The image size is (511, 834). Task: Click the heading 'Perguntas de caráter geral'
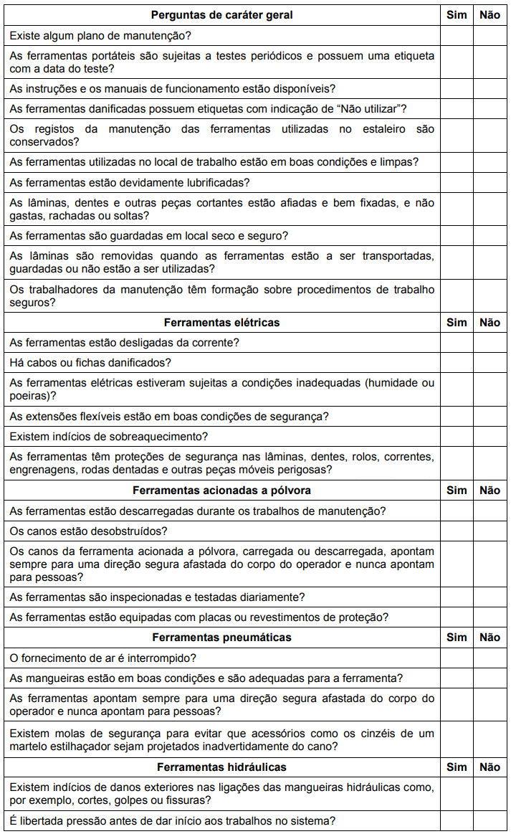[x=222, y=15]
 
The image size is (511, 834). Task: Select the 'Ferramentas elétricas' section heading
[x=222, y=323]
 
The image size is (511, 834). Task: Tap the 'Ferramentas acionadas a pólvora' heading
[x=222, y=491]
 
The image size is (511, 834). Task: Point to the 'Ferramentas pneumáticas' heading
[x=222, y=638]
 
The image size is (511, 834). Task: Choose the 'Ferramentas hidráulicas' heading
[x=222, y=767]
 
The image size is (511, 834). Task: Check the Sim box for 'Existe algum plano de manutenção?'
[x=457, y=35]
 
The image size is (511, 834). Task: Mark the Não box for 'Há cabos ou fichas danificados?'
[x=490, y=363]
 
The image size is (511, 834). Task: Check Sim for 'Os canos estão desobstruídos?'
[x=457, y=531]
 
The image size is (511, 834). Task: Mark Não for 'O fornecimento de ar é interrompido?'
[x=490, y=658]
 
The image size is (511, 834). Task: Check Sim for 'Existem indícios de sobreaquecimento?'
[x=457, y=437]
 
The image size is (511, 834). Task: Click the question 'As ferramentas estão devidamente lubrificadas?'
[x=130, y=183]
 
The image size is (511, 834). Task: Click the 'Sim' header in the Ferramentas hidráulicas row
[x=457, y=767]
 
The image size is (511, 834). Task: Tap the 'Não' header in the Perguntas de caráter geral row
[x=490, y=15]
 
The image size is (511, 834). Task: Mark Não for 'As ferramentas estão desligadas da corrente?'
[x=490, y=343]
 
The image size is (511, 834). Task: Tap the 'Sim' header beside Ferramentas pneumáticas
[x=457, y=638]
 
